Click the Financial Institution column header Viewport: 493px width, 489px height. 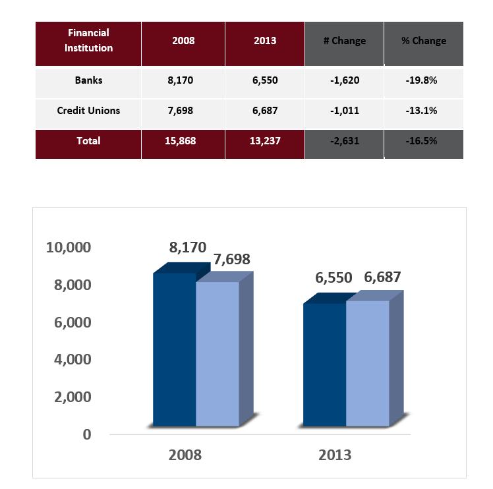click(88, 40)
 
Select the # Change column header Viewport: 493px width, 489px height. click(344, 41)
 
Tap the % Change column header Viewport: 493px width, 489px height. click(423, 41)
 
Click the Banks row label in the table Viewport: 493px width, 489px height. click(88, 81)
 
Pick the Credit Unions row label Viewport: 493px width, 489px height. click(88, 111)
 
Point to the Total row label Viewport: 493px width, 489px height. click(88, 141)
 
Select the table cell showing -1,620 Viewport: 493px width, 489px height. click(344, 81)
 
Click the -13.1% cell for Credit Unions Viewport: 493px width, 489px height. click(423, 111)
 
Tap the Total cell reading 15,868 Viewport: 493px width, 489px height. click(183, 141)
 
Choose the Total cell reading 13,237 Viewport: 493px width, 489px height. click(264, 141)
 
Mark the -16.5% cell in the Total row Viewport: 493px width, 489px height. click(423, 141)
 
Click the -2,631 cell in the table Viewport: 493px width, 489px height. click(344, 141)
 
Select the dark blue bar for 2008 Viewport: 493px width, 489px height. click(174, 349)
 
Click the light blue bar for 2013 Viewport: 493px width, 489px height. click(367, 362)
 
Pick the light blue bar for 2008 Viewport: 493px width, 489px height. click(217, 353)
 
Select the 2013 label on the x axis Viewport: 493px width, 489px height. click(334, 455)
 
